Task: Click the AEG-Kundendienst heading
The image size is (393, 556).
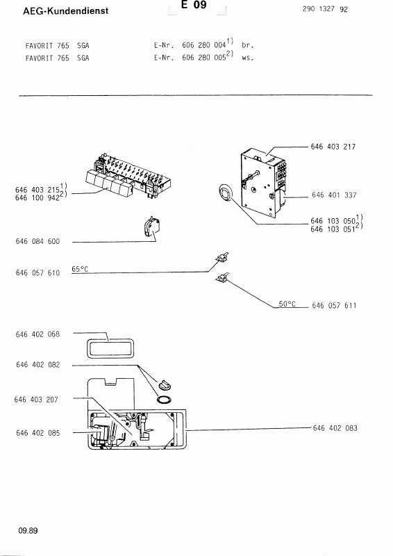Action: point(65,11)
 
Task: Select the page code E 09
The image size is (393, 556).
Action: point(194,5)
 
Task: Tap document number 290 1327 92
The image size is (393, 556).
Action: point(325,9)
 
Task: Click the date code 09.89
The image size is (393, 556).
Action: point(28,530)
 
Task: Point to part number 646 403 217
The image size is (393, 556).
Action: point(333,147)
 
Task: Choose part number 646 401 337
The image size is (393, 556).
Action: point(334,195)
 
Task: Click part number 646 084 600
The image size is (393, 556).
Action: point(37,241)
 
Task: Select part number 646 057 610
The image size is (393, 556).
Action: point(37,272)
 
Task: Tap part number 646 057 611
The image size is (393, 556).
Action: point(334,305)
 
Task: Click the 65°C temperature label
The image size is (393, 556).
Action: point(80,269)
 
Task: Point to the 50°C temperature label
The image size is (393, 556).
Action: point(287,304)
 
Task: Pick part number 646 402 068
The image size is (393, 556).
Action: point(37,334)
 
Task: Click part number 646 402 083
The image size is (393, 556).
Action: point(335,428)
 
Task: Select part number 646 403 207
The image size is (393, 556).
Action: point(36,400)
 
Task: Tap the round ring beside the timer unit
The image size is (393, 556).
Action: point(225,193)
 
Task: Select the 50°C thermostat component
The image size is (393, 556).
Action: point(221,277)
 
